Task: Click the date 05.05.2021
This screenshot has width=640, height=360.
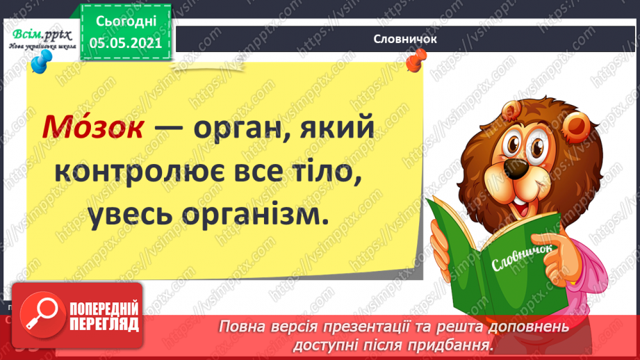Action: point(125,42)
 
